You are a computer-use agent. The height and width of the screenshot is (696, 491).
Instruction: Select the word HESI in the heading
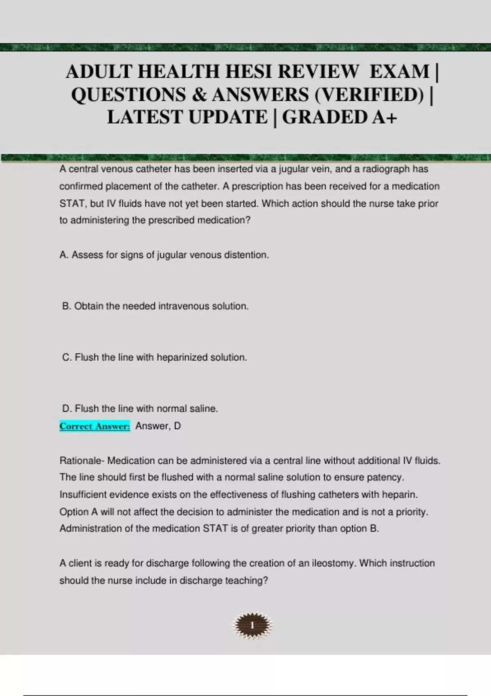click(245, 72)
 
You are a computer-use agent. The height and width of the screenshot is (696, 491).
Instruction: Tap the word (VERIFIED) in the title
click(369, 95)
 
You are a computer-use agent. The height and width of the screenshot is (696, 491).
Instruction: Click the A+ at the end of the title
click(385, 117)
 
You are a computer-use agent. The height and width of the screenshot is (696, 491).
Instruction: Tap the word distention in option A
click(248, 255)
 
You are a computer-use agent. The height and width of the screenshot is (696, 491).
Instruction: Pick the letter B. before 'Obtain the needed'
click(67, 306)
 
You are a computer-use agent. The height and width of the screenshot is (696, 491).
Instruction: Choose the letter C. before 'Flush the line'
click(67, 357)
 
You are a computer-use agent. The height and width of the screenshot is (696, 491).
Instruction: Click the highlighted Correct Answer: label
click(95, 426)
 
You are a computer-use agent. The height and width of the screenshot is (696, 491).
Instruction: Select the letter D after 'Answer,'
click(177, 426)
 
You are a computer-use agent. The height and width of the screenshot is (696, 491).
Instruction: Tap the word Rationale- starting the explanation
click(82, 461)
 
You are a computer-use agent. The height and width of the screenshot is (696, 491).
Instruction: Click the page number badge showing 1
click(252, 625)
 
